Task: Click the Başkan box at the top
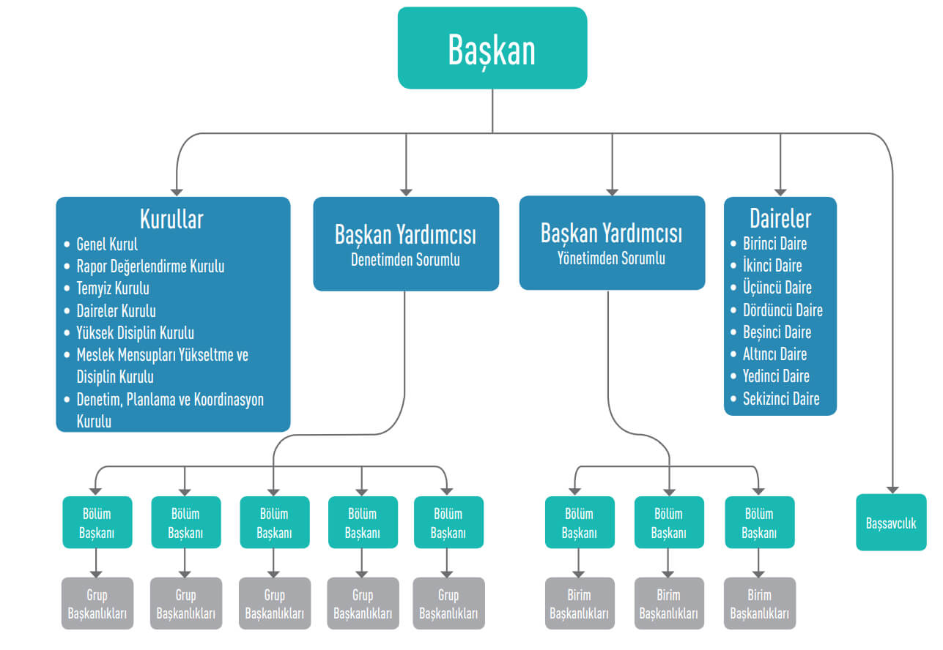coord(492,48)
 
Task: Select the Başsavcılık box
coord(891,523)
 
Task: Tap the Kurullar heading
coord(171,219)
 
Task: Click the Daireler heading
coord(780,218)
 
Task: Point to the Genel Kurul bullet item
coord(107,244)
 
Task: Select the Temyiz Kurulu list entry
coord(113,288)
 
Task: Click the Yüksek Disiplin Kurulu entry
coord(135,333)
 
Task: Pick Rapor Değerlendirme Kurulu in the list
coord(150,266)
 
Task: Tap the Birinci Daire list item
coord(774,244)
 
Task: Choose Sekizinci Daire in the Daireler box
coord(781,399)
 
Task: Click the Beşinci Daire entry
coord(777,332)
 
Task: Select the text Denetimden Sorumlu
coord(405,260)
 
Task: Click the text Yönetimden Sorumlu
coord(612,258)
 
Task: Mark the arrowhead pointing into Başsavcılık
coord(892,488)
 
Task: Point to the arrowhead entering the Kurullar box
coord(175,190)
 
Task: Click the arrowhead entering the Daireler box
coord(780,190)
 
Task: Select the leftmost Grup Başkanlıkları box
coord(97,604)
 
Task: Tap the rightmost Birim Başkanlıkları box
coord(759,604)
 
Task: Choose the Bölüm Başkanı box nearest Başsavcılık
coord(759,523)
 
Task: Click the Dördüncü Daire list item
coord(783,310)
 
